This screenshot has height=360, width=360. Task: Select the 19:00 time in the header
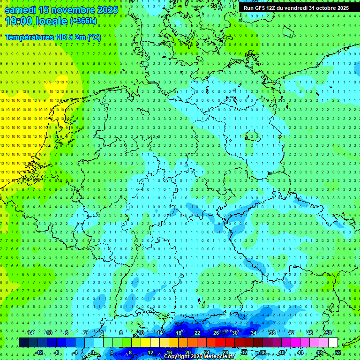coord(20,21)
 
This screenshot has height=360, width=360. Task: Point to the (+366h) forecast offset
coord(83,21)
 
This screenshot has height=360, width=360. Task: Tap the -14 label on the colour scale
coord(30,333)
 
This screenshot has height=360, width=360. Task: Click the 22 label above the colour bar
coord(197,333)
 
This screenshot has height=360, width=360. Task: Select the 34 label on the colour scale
coord(254,333)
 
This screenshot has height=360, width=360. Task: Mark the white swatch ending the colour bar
coord(333,343)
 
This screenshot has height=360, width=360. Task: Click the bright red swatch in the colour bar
coord(221,343)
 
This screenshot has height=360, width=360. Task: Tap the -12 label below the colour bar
coord(39,352)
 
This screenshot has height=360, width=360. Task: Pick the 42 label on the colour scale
coord(291,333)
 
